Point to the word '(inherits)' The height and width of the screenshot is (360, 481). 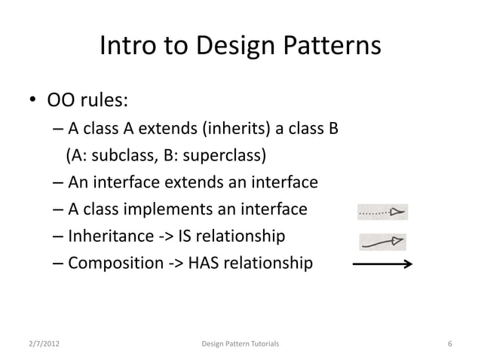click(x=235, y=128)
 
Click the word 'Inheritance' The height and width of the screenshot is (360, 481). click(x=113, y=237)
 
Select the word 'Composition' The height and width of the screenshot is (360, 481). click(x=116, y=264)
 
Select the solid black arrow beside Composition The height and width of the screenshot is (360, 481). click(x=381, y=264)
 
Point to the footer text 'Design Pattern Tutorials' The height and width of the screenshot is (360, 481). click(x=240, y=344)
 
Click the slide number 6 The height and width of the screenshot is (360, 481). click(x=449, y=344)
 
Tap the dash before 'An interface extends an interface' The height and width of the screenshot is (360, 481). click(x=59, y=183)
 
